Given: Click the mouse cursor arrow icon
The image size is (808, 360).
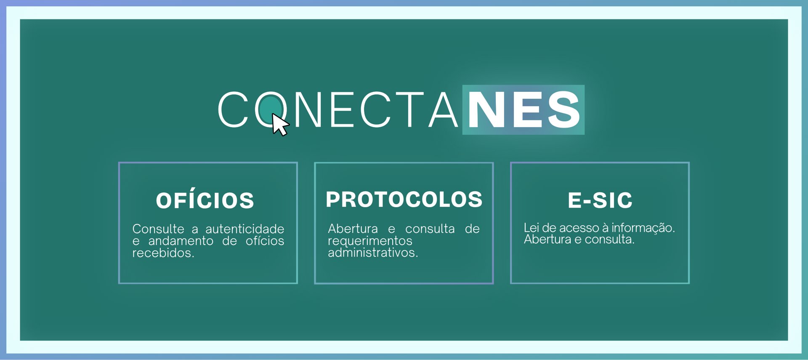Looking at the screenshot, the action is click(279, 125).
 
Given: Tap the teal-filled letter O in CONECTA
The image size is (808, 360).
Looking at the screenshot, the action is click(271, 109).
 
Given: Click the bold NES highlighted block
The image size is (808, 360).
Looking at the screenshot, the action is click(523, 109).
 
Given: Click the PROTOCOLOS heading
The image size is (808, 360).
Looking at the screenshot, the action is click(404, 199).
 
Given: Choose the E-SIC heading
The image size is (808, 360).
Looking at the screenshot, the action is click(600, 200).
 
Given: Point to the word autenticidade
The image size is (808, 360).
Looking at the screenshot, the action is click(245, 229).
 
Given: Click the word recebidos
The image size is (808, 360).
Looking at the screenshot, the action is click(163, 253).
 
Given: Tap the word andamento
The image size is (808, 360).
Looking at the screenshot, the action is click(181, 241).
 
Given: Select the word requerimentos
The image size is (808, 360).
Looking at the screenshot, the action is click(370, 241).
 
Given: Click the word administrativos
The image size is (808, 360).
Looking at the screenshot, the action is click(373, 253).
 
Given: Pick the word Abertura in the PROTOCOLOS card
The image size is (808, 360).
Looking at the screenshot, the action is click(353, 229).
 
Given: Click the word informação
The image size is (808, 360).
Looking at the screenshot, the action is click(643, 227).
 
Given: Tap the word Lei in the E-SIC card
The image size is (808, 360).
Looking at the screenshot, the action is click(532, 228).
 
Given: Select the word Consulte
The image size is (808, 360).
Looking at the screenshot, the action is click(158, 229).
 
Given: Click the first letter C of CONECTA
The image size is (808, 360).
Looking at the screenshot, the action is click(233, 109).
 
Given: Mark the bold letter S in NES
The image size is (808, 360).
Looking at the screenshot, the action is click(564, 109).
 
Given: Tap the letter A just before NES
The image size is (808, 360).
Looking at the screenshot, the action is click(443, 109).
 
